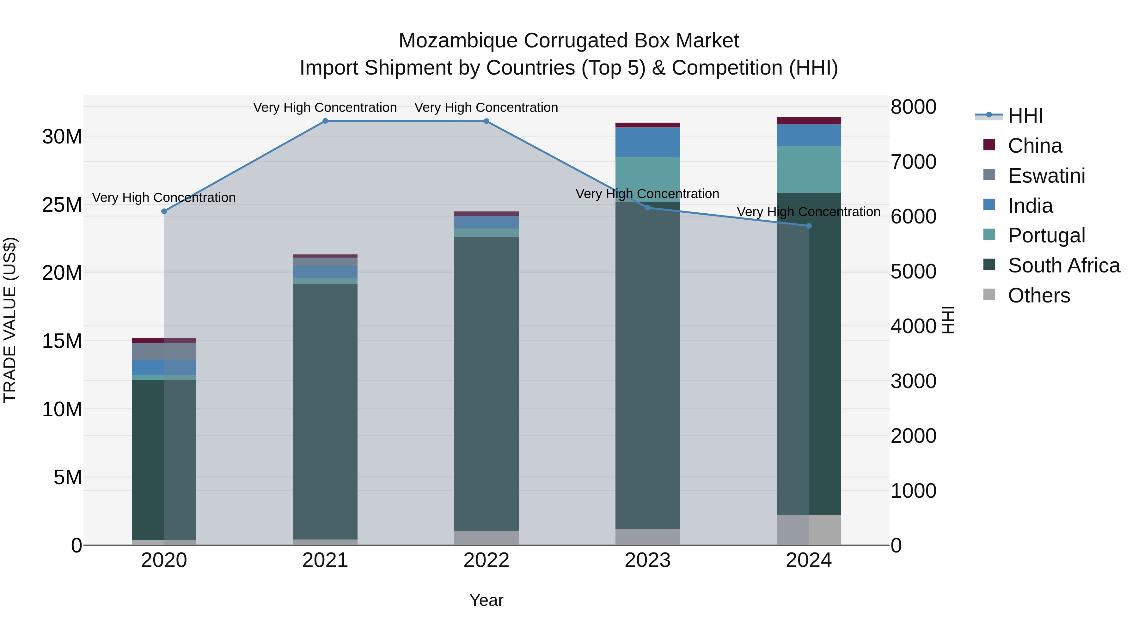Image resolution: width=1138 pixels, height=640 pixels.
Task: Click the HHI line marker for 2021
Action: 325,121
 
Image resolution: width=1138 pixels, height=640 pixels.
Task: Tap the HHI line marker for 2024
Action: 809,226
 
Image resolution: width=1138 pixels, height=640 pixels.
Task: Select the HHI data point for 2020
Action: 164,211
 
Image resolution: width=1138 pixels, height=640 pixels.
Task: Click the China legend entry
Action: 1035,146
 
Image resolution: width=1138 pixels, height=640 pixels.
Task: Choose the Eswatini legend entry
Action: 1046,176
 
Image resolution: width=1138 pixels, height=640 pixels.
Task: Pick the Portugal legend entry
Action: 1046,235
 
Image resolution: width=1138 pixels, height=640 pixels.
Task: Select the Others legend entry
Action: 1039,296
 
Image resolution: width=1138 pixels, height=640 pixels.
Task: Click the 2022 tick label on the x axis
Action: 486,560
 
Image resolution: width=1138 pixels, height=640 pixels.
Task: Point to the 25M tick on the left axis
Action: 62,205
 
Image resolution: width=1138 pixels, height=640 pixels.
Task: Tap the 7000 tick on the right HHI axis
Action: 913,162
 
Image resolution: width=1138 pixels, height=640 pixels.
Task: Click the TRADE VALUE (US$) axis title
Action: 10,320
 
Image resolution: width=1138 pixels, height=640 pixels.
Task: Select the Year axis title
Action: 486,600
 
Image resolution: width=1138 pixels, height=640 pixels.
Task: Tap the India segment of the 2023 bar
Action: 648,142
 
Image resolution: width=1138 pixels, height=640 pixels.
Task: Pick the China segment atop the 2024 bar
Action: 809,121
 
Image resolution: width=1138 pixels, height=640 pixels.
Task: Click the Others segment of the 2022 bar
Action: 486,538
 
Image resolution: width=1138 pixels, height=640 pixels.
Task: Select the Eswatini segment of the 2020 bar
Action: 164,351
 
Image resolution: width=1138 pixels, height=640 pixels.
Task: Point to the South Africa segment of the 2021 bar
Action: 325,411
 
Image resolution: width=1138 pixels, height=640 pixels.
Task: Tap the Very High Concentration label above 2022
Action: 486,107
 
